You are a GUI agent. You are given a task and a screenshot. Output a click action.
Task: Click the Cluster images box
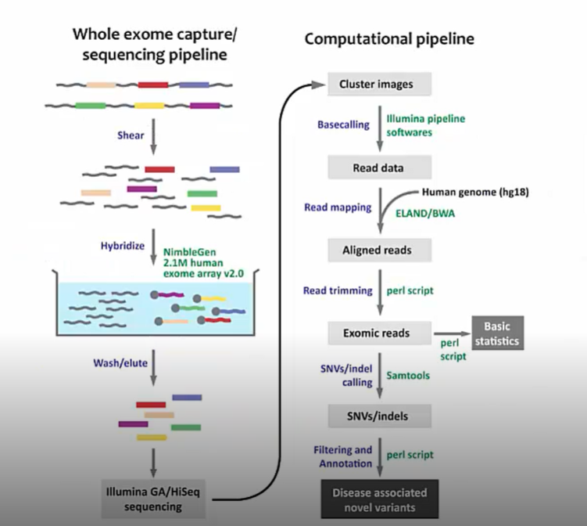point(380,84)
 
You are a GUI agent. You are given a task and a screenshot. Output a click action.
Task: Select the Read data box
point(380,168)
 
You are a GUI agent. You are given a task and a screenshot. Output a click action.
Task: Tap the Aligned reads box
point(380,250)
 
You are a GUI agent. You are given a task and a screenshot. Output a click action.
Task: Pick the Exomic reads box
point(380,333)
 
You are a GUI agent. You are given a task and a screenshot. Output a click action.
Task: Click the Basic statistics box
point(498,333)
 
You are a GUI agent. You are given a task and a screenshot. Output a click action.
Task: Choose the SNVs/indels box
point(380,416)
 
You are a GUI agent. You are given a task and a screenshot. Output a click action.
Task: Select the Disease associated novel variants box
point(380,499)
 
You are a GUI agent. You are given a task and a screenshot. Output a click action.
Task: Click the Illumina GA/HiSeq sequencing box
point(153,499)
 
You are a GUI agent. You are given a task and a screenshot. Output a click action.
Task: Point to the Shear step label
point(131,135)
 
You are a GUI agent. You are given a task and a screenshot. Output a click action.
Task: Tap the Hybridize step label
point(123,246)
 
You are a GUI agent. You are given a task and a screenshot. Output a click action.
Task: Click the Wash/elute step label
point(120,363)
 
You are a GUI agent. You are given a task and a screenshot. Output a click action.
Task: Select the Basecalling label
point(343,124)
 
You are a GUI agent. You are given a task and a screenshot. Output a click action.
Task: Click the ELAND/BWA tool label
point(425,214)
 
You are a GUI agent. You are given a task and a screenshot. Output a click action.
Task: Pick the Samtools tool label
point(408,375)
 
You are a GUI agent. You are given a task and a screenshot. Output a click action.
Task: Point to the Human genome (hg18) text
point(475,193)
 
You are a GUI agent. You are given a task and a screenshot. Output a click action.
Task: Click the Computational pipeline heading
point(389,39)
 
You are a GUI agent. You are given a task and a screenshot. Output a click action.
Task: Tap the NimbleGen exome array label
point(203,263)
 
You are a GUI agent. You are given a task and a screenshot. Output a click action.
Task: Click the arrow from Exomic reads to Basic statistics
point(452,333)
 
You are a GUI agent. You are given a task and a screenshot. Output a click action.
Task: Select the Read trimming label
point(338,290)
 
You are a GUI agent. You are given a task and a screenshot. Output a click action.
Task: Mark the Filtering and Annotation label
point(343,456)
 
